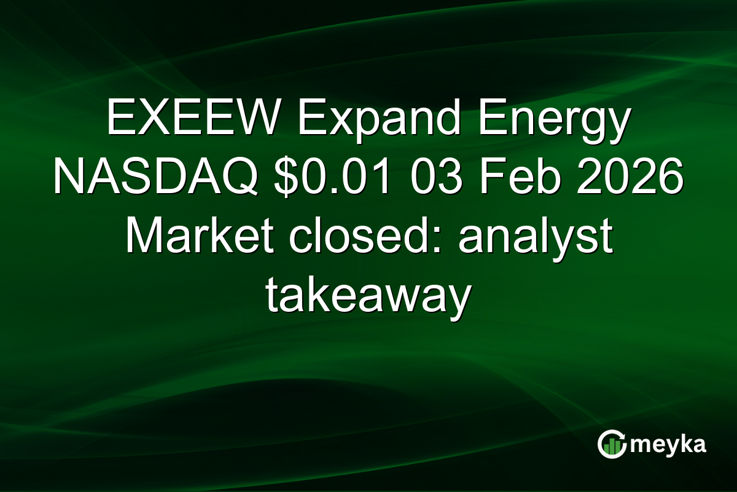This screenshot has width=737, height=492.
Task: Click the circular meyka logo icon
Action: coord(612,445)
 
